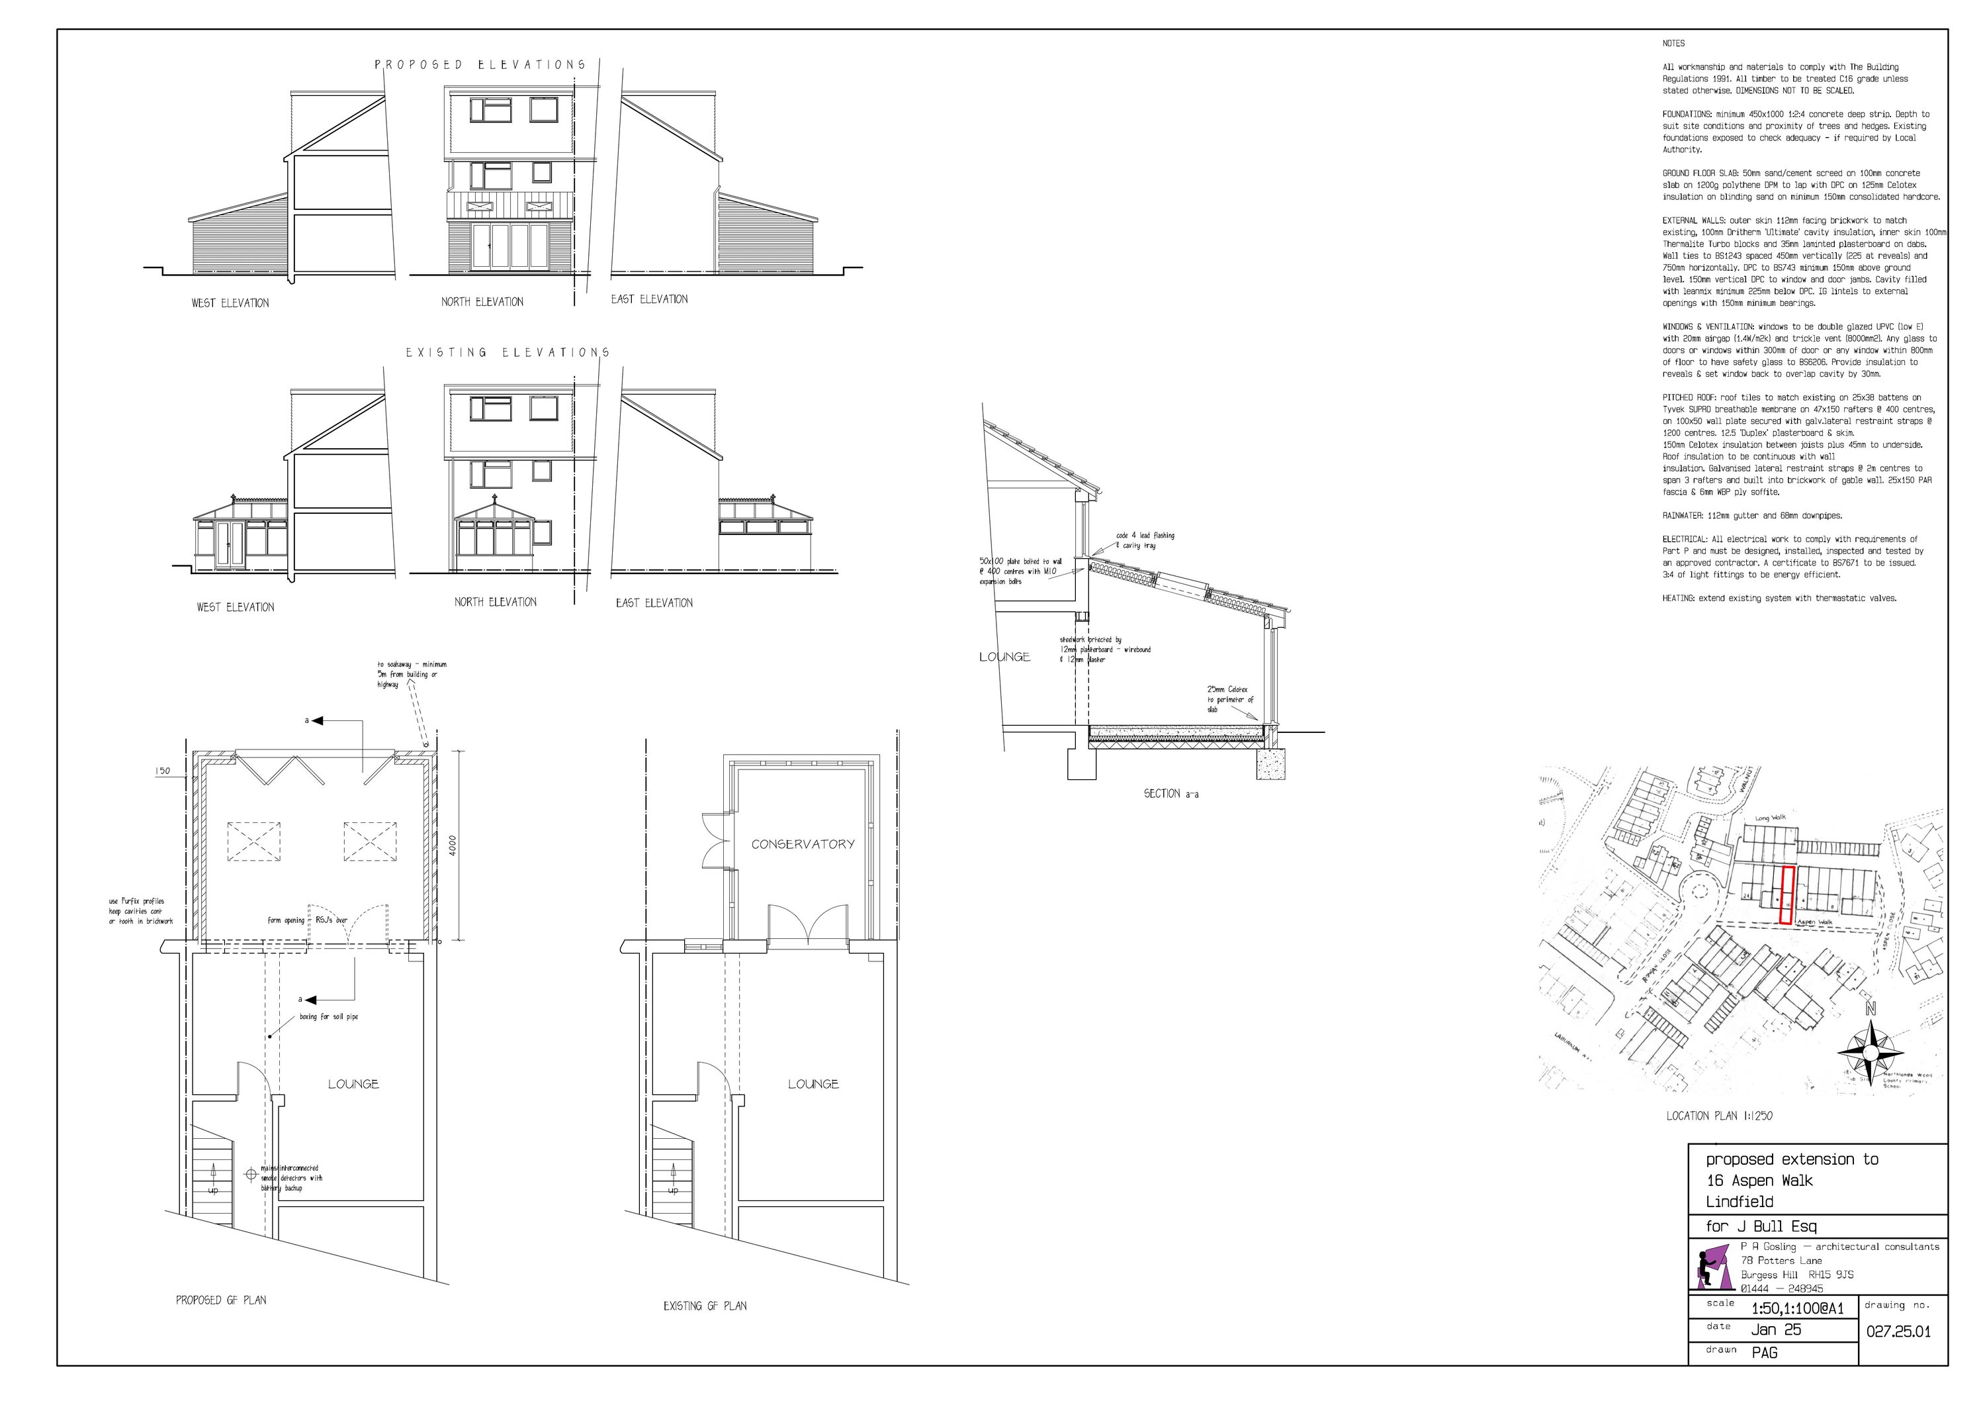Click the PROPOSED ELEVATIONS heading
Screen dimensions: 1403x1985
click(x=480, y=65)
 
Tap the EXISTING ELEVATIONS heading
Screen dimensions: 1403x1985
click(x=508, y=353)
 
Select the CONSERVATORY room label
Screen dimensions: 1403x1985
click(x=803, y=844)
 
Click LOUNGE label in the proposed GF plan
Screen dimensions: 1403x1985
click(x=353, y=1084)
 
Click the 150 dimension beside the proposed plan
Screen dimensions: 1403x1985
click(x=163, y=771)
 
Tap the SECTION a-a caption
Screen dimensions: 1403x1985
click(x=1170, y=793)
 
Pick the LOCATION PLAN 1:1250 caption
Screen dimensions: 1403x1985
click(x=1719, y=1116)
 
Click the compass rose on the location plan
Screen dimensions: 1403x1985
click(x=1870, y=1052)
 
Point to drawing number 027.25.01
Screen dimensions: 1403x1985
click(x=1898, y=1331)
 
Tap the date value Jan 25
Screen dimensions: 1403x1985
click(x=1776, y=1330)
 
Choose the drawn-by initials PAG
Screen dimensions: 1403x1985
click(x=1765, y=1352)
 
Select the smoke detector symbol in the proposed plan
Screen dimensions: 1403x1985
click(x=251, y=1174)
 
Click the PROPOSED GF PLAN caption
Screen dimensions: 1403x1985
click(x=220, y=1300)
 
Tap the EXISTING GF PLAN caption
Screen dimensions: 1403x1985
click(x=705, y=1306)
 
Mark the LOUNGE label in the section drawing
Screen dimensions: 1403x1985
click(x=1004, y=657)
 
